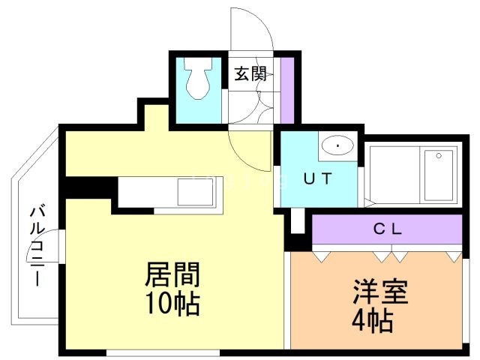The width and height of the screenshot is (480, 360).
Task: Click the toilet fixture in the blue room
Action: [x=198, y=82]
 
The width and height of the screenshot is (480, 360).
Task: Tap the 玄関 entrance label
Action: [x=250, y=73]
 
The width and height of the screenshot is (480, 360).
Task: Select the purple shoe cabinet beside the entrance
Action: [x=286, y=88]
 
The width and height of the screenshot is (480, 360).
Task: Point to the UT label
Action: [x=317, y=180]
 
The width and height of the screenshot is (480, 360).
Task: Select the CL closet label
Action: [x=388, y=229]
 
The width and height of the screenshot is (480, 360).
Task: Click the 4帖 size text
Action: [x=372, y=321]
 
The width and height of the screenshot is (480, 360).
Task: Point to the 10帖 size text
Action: [x=172, y=304]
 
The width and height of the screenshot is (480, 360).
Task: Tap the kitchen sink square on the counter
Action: [x=195, y=192]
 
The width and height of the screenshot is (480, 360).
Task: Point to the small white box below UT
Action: [x=297, y=220]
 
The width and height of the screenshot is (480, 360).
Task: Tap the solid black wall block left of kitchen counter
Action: [x=87, y=187]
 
